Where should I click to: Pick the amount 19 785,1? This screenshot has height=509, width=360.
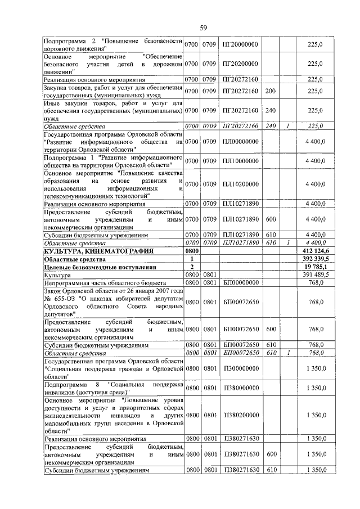317,266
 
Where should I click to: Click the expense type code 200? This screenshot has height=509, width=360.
270,91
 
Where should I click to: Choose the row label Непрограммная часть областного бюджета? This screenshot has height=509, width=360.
105,282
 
